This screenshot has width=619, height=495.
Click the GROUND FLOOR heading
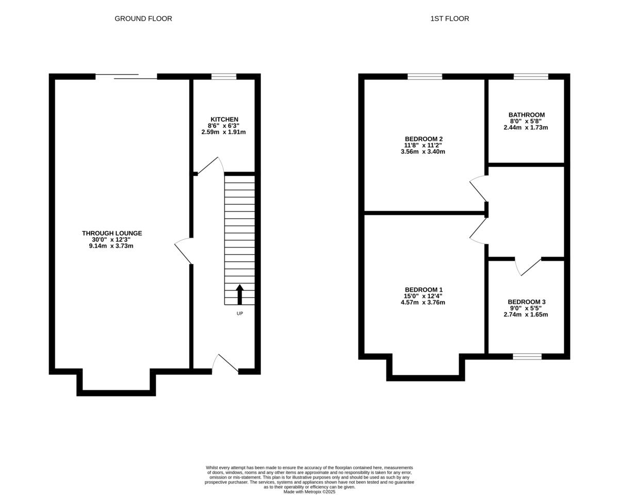tap(143, 19)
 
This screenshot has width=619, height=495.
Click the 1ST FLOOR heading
tap(450, 19)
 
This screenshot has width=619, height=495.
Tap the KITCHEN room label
tap(224, 119)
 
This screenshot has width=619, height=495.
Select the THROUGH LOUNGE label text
tap(112, 233)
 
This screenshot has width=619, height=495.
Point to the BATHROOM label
tap(526, 115)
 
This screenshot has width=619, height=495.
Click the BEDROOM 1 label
tap(423, 290)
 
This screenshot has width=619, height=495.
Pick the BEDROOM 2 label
tap(423, 139)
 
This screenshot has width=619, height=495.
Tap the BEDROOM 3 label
tap(526, 302)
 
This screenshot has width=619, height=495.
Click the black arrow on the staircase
tap(239, 294)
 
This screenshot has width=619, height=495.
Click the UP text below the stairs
tap(239, 313)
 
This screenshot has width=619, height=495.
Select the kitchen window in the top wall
tap(224, 76)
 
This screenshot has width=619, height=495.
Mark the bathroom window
tap(531, 76)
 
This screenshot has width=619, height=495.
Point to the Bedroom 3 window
tap(527, 357)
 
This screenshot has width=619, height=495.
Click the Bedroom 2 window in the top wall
tap(425, 76)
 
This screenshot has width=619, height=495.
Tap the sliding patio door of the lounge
tap(126, 76)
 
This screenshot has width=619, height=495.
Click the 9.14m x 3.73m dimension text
tap(111, 246)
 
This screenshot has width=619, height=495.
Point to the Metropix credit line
tap(309, 492)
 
